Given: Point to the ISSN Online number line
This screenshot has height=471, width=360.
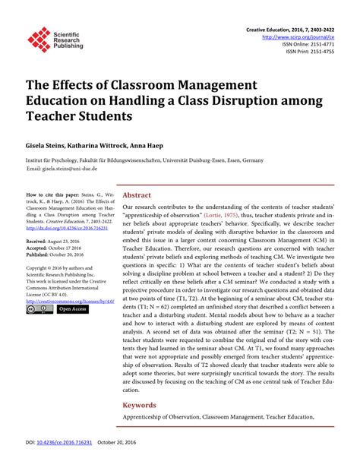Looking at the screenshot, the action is tap(308, 45).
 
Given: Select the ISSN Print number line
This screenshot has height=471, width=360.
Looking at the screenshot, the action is tap(309, 53).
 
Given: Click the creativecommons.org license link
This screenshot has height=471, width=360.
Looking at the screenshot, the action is tap(68, 302).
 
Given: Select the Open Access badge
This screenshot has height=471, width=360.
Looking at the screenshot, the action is tap(73, 309).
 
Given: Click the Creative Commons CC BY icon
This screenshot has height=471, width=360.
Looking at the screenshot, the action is tap(38, 309).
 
